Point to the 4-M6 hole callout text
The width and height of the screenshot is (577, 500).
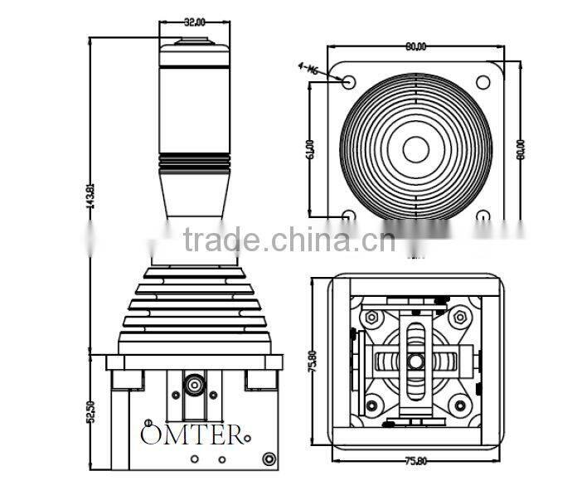[308, 70]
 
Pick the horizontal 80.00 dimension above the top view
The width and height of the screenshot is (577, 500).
[415, 47]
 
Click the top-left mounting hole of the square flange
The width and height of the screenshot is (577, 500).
[349, 82]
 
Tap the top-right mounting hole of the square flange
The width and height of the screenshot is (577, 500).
[482, 82]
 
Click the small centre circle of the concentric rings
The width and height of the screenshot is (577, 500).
[415, 149]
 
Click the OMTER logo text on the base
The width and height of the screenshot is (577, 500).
[192, 434]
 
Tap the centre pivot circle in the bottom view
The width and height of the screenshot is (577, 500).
[415, 362]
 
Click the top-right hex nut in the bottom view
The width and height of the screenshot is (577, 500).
[459, 318]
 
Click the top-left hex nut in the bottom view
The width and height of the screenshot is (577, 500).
[371, 318]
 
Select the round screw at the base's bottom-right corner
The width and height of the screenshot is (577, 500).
[268, 459]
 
